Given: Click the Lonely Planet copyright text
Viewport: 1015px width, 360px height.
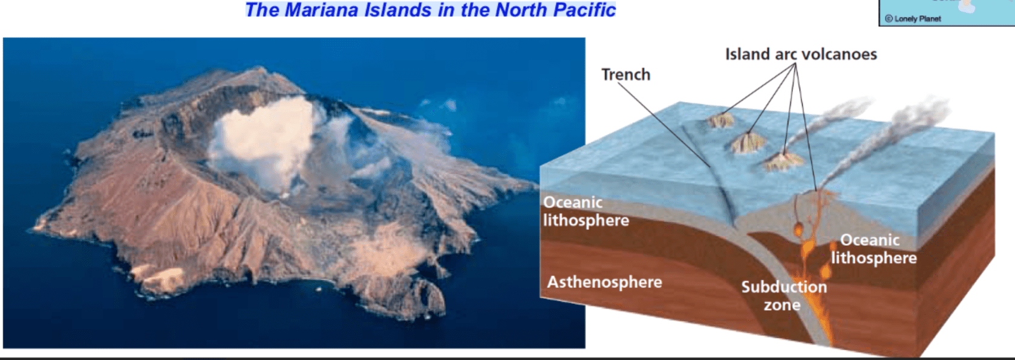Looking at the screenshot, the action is click(x=913, y=19).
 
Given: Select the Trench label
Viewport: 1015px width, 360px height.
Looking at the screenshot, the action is click(x=626, y=74).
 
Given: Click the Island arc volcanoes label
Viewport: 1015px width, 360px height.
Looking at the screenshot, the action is click(x=801, y=54).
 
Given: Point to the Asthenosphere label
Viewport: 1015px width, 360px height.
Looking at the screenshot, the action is click(x=604, y=282).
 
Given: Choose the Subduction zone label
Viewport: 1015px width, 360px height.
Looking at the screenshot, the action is click(x=784, y=296).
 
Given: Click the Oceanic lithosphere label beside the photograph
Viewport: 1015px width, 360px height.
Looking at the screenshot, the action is click(x=586, y=211).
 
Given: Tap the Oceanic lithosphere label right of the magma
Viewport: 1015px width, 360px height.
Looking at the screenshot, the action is click(x=873, y=249).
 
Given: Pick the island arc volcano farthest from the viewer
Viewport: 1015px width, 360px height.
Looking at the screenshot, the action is click(x=720, y=120).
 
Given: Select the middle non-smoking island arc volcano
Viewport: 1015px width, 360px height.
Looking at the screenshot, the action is click(x=747, y=143).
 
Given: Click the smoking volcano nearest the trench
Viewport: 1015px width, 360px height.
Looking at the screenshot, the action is click(x=783, y=161).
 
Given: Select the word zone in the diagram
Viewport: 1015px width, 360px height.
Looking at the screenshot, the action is click(x=782, y=305).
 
